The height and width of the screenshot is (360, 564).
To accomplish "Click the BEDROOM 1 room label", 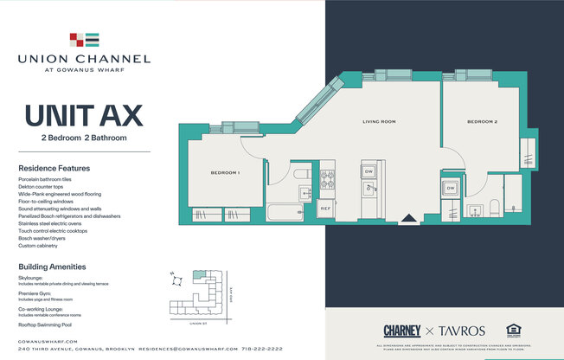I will (x=225, y=173).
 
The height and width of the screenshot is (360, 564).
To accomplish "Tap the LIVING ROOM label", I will (x=378, y=122).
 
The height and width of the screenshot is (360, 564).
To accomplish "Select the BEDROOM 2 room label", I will (x=482, y=122).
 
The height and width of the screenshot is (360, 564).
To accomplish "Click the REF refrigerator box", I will (x=326, y=209).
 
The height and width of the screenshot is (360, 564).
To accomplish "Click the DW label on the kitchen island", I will (x=368, y=171).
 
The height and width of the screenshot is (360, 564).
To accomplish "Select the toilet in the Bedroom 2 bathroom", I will (x=494, y=207).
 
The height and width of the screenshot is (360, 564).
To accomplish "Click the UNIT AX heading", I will (x=84, y=115).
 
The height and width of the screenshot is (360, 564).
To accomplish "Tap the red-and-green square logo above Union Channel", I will (x=84, y=39).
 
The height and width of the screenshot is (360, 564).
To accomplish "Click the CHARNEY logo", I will (x=402, y=331).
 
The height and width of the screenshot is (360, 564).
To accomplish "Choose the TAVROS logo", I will (x=461, y=331).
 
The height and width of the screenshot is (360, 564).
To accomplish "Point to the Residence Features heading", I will (x=54, y=168).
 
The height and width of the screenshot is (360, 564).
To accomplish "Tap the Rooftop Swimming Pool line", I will (x=49, y=325).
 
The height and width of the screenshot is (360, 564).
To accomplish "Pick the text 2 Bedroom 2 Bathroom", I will (x=84, y=138).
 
